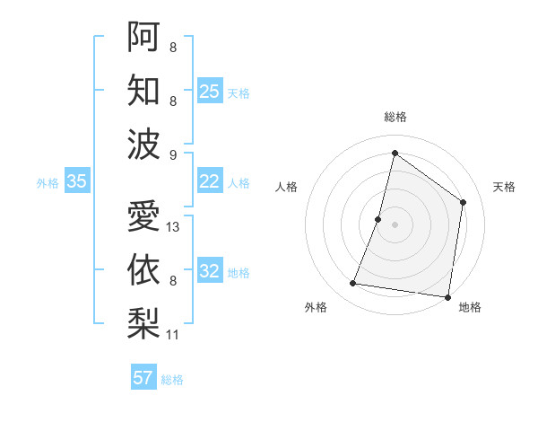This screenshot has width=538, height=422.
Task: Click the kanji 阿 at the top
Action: pos(143,37)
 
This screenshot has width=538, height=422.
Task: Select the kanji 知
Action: pos(143,91)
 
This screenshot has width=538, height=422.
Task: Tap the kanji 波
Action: pos(143,144)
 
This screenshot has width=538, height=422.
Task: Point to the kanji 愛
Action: pos(143,216)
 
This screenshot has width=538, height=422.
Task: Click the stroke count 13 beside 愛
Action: pos(174,227)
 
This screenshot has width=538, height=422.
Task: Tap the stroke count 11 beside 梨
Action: pos(173,335)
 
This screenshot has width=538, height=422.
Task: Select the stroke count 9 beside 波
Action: pos(173,154)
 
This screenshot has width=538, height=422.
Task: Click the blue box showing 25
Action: pos(210,92)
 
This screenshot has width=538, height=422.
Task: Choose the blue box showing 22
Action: pos(210,181)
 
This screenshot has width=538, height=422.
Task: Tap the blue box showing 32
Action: pos(210,271)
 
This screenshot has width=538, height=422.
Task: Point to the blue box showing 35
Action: pos(77,181)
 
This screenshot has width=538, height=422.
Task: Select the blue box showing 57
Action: pos(143,378)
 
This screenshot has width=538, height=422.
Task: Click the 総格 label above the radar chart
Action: pos(395,117)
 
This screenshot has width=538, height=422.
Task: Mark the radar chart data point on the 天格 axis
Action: pos(464,202)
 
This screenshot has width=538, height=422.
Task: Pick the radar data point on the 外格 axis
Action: pos(353,284)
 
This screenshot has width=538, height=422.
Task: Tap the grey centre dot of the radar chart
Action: pos(395,224)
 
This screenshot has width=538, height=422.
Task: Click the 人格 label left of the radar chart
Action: pos(286,187)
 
